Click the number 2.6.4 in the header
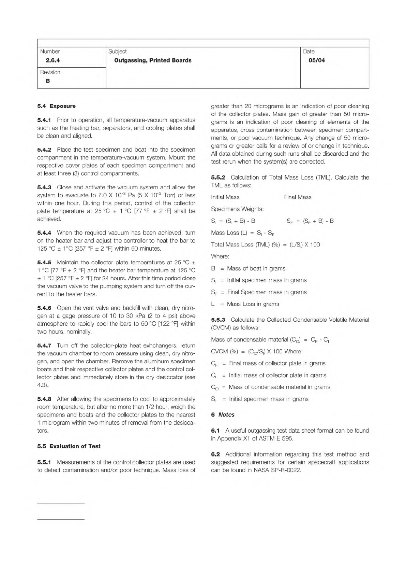click(53, 60)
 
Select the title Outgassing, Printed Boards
click(153, 60)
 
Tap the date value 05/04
click(316, 60)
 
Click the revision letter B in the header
click(48, 81)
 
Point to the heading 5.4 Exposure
click(56, 106)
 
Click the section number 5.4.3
click(44, 187)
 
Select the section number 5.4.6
click(44, 308)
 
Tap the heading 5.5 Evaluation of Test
click(69, 446)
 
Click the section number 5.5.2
click(218, 177)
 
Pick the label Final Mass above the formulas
click(298, 197)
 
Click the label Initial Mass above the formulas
click(225, 197)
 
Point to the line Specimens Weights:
click(237, 209)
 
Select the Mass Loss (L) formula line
click(243, 233)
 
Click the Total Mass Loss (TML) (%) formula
click(265, 244)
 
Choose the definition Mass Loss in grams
click(253, 304)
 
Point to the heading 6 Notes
click(223, 415)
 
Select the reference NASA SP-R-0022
click(277, 470)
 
